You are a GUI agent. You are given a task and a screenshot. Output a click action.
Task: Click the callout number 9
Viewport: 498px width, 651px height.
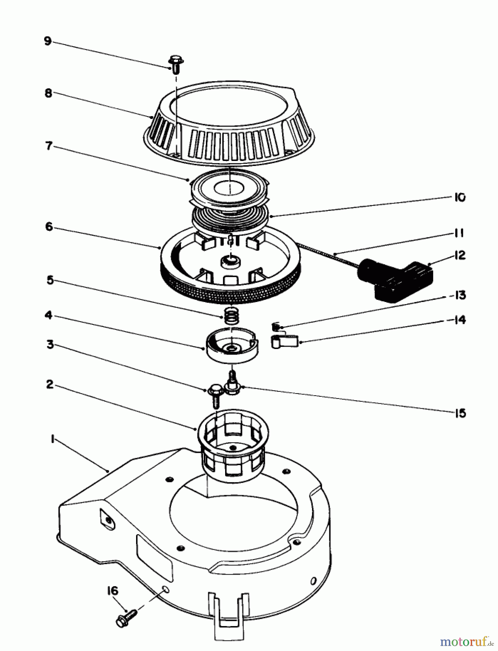(48, 41)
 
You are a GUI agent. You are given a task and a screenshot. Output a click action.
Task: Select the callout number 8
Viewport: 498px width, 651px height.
(48, 93)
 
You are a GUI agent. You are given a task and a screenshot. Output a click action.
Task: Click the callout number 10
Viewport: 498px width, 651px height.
(459, 197)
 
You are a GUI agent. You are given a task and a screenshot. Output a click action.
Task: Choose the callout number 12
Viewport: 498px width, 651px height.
(459, 255)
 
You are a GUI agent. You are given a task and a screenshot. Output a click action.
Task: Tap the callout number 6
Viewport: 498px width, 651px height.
(49, 227)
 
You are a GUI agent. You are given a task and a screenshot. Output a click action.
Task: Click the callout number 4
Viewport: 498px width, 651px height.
(48, 315)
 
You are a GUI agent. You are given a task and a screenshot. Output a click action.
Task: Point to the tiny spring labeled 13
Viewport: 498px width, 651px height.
(276, 327)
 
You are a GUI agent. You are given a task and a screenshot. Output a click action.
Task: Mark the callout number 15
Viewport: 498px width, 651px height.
(460, 413)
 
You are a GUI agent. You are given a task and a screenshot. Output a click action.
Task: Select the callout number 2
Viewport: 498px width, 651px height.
(50, 384)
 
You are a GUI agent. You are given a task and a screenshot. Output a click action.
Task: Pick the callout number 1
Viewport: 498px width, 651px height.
(52, 439)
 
